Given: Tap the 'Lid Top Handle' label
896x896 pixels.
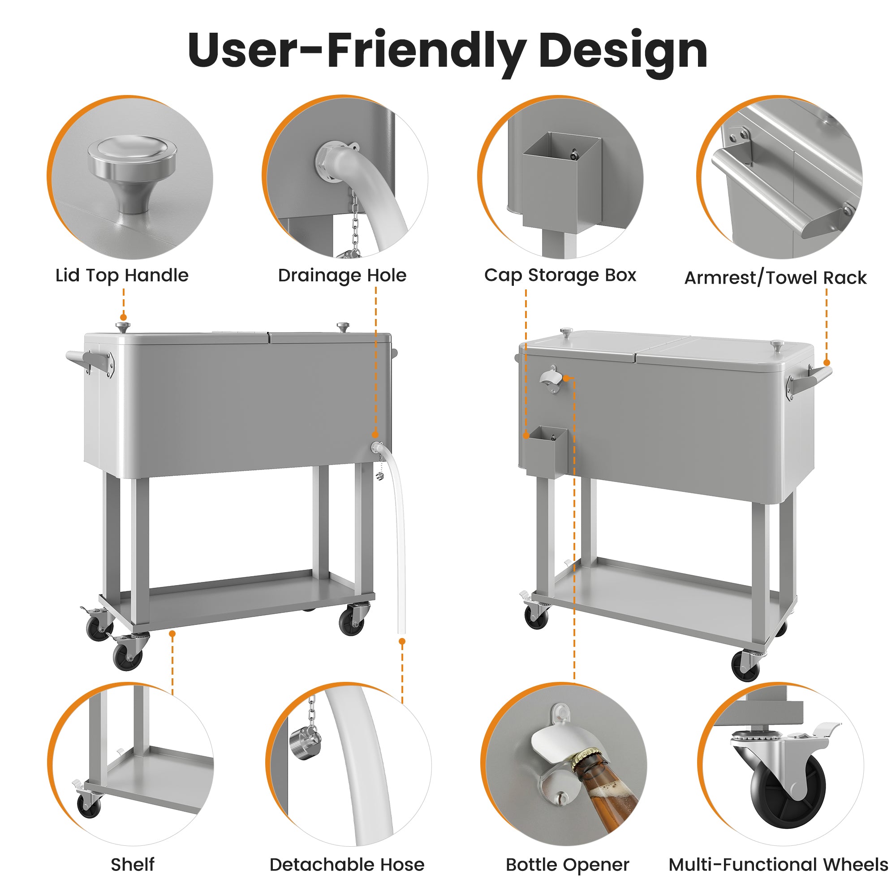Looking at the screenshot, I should point(122,276).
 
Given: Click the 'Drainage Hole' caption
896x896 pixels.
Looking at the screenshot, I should point(342,276).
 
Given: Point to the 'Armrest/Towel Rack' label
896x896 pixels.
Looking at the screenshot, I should point(775,278).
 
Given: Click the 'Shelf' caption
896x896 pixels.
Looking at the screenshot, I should point(132,865).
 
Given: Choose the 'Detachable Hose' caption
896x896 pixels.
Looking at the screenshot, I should point(347,865).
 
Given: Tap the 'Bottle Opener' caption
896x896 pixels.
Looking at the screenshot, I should point(567,865).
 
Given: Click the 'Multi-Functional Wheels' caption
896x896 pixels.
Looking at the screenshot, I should point(778,865).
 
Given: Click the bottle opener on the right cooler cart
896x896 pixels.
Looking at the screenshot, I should point(551,379).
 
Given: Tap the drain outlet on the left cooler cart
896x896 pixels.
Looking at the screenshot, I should point(376,448).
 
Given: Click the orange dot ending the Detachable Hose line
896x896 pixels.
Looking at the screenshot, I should point(402,642).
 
